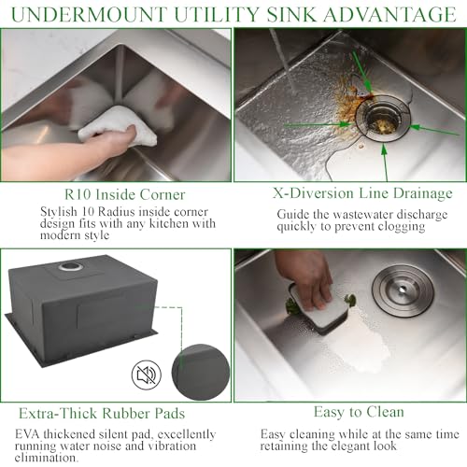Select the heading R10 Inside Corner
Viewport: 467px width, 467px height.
tap(115, 195)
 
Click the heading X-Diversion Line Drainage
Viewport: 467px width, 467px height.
tap(350, 193)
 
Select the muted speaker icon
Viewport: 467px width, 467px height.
tap(147, 375)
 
